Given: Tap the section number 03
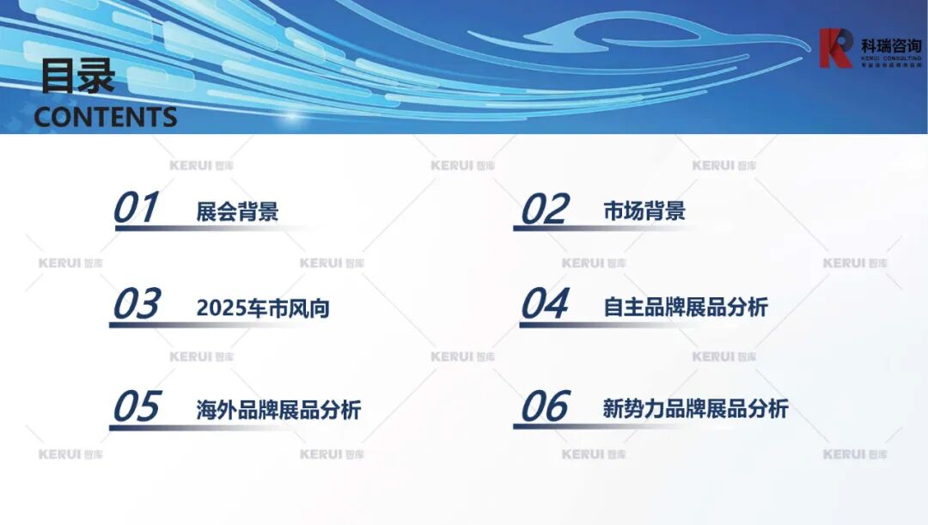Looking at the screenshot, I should point(137,304).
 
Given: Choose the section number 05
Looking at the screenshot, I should point(137,406).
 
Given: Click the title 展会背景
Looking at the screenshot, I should point(237,211).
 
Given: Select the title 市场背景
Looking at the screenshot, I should point(644,211).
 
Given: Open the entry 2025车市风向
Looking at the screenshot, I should point(263,308).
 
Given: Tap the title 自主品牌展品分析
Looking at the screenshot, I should point(686,307).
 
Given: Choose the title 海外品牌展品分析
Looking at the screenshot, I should point(278,410).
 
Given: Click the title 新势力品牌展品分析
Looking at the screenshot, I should point(695,409).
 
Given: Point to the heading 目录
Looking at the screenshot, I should point(77,77).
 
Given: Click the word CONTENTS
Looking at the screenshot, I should point(105,117).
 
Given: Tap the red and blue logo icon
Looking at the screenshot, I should point(834,48).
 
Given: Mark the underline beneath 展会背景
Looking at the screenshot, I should point(215,229).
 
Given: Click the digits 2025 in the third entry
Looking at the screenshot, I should point(221,308).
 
